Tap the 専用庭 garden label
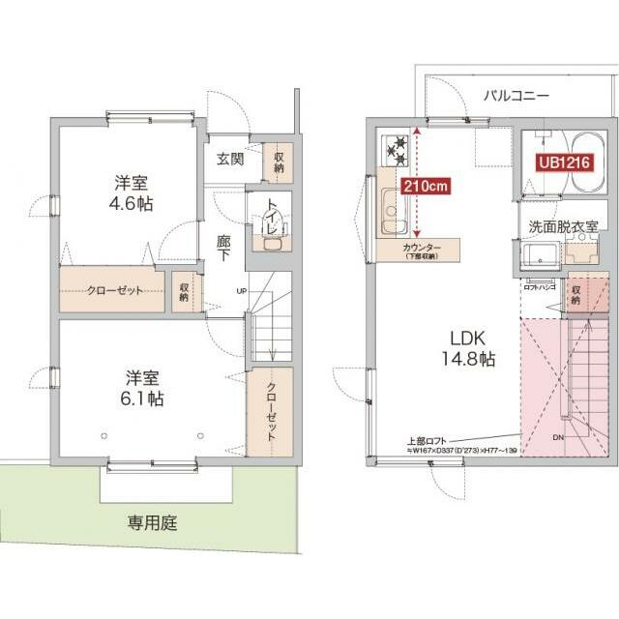click(x=153, y=525)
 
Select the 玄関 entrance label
click(x=229, y=160)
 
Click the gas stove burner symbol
click(x=397, y=148)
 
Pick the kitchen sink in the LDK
click(x=394, y=212)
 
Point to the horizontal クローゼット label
click(x=114, y=290)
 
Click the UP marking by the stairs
click(x=240, y=291)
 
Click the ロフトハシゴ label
click(x=538, y=287)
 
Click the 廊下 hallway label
click(x=224, y=251)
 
